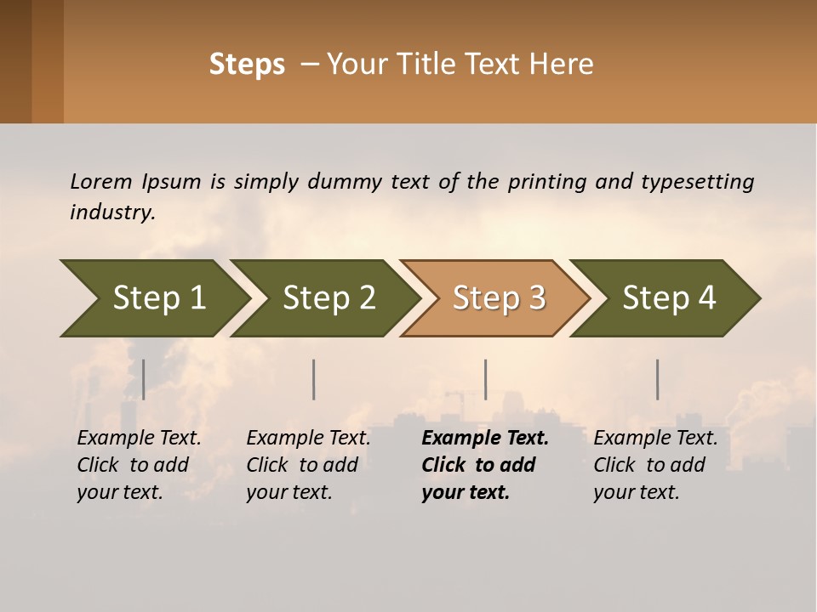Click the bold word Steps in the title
[x=247, y=65]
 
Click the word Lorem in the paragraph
[x=100, y=181]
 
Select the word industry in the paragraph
[x=111, y=212]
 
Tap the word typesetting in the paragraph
[x=697, y=181]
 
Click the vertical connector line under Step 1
[x=144, y=379]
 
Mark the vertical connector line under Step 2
[x=314, y=379]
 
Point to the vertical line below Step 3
[x=486, y=379]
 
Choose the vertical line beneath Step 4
[x=658, y=379]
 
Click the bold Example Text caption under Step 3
[x=485, y=465]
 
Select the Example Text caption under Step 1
[x=139, y=465]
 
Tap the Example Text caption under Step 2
[x=308, y=465]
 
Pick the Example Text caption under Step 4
[x=655, y=465]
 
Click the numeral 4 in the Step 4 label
[x=706, y=298]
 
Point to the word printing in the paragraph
[x=547, y=181]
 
